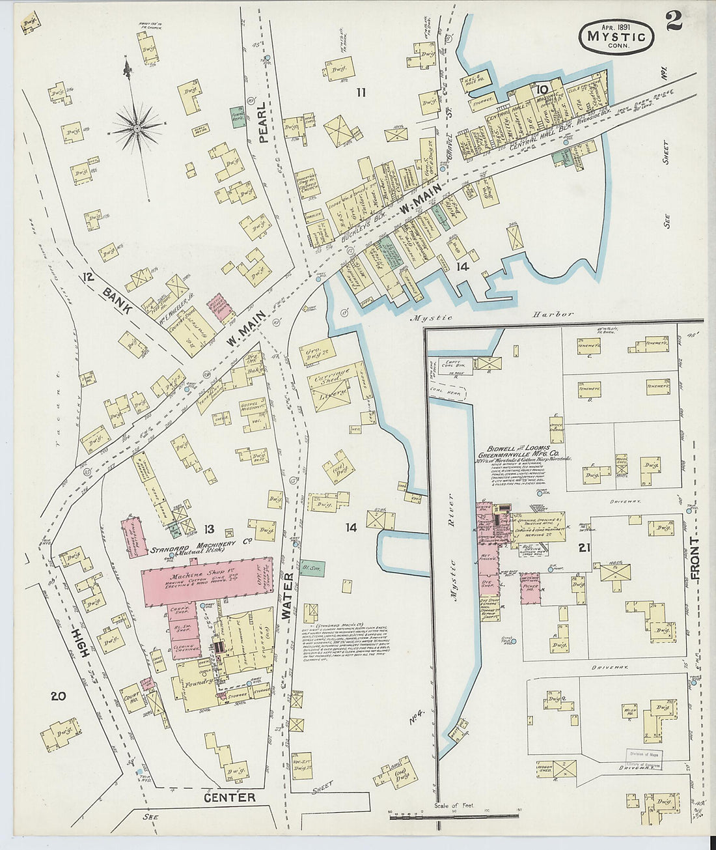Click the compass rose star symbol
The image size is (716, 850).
pos(137,128)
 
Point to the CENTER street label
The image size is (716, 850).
pos(229,797)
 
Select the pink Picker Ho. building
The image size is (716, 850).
pos(530,587)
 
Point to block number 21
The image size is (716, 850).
pos(583,548)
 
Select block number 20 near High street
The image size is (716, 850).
pos(58,696)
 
